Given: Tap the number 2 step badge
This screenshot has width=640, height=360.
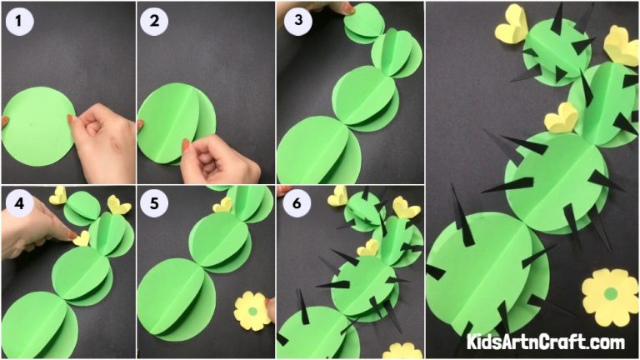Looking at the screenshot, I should (x=155, y=22).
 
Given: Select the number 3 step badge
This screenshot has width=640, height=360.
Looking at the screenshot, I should (x=296, y=22).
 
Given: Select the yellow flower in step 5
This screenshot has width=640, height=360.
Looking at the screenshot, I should (x=251, y=310).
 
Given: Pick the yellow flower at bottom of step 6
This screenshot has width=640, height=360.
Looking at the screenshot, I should (x=402, y=351).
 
